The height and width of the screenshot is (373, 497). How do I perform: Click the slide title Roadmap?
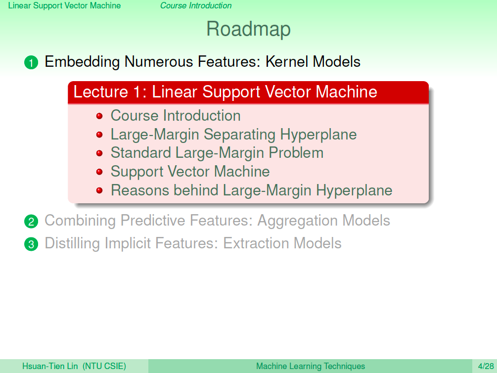[248, 29]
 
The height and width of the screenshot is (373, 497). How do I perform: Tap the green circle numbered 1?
[31, 62]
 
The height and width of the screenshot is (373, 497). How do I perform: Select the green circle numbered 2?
[31, 222]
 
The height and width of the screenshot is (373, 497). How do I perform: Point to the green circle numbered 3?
[31, 244]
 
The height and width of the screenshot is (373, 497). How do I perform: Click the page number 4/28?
[486, 367]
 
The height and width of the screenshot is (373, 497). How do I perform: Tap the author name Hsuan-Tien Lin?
[50, 367]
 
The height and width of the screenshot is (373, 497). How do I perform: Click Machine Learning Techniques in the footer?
[311, 367]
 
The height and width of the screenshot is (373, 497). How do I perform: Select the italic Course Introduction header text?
[196, 5]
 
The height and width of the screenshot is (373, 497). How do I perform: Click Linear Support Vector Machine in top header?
[64, 5]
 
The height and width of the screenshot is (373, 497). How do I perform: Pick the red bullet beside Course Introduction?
[99, 116]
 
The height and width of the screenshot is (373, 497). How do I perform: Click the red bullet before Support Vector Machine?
[99, 172]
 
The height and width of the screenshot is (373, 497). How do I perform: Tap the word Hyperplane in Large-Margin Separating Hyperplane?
[318, 135]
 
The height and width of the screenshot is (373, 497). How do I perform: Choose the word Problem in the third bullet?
[296, 153]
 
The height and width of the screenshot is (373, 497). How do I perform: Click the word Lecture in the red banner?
[101, 92]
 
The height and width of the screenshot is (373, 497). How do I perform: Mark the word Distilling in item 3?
[72, 243]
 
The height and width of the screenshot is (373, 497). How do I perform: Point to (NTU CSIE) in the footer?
[104, 367]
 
